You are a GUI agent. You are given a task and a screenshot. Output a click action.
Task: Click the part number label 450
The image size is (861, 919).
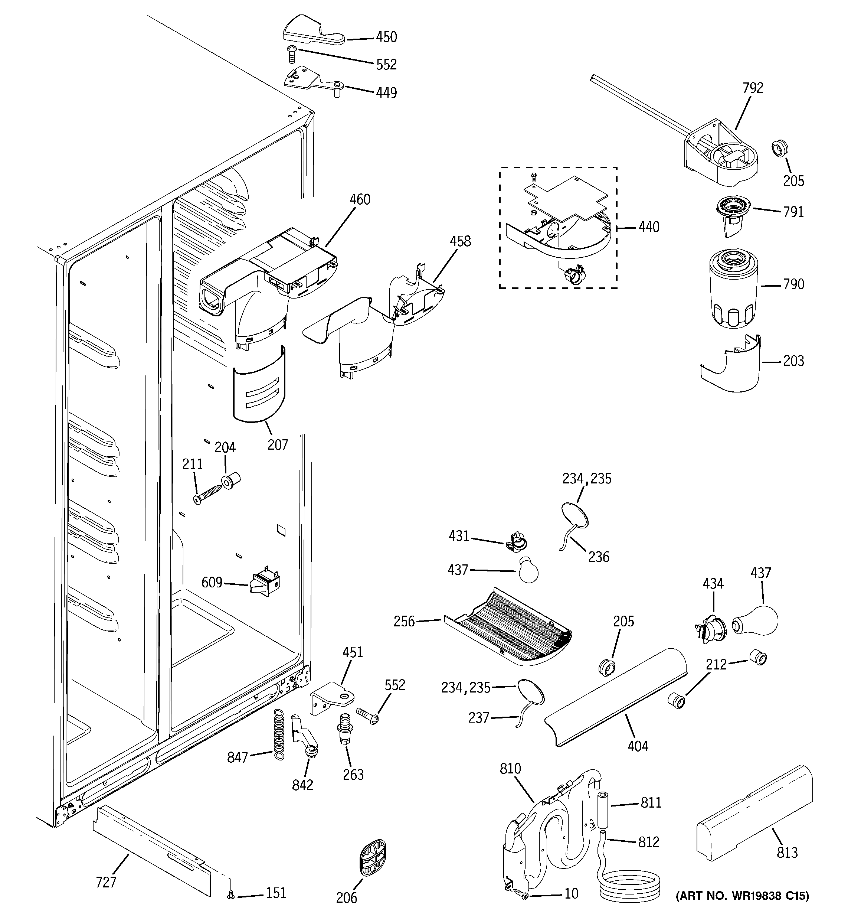tap(386, 37)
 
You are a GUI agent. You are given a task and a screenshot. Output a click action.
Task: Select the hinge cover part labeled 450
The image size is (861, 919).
tap(312, 32)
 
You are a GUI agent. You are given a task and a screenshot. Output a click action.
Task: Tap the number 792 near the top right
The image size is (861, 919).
tap(753, 88)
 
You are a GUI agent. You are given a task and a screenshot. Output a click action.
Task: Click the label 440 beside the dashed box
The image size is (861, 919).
tap(649, 227)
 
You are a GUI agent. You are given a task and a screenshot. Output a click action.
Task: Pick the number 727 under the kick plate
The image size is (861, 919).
tap(106, 882)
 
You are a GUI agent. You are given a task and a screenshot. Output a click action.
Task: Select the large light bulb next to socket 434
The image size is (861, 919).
tap(756, 621)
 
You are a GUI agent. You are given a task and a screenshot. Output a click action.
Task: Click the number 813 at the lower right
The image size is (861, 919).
tap(787, 852)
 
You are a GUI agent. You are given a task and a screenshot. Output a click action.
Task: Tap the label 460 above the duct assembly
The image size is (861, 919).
tap(360, 200)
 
